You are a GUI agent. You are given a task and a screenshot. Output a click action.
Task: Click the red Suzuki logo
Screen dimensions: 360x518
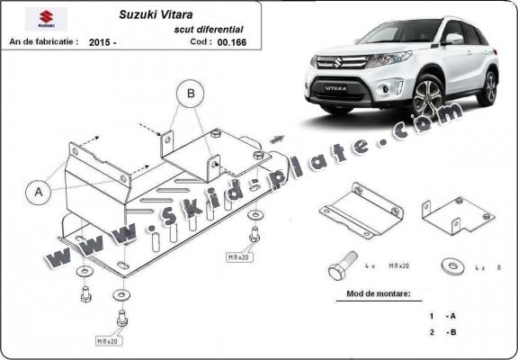click(40, 19)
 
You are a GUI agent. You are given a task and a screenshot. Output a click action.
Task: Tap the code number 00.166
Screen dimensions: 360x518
click(231, 41)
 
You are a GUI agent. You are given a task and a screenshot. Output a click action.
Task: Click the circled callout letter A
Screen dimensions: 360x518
click(38, 191)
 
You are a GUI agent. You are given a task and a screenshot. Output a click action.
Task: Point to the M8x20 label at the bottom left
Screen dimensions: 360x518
click(110, 341)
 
